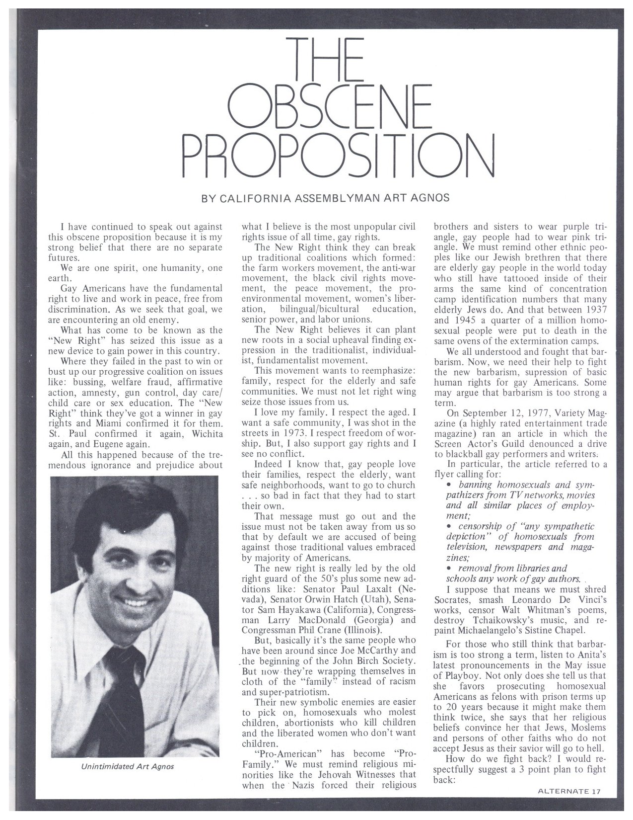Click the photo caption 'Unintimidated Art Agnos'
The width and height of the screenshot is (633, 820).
point(128,766)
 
